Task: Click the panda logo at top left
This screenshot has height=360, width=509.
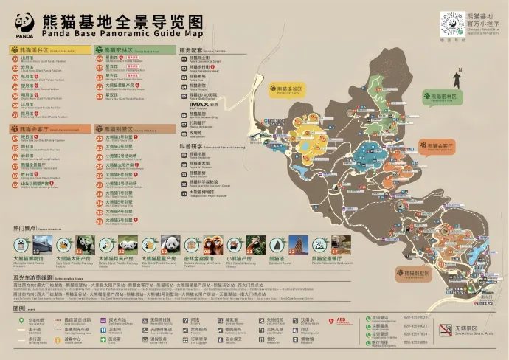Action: click(x=24, y=25)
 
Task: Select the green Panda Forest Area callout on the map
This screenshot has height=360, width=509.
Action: click(x=440, y=97)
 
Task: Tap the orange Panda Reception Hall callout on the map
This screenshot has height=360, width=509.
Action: click(x=436, y=146)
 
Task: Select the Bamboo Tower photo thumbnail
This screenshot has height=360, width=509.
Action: click(x=298, y=244)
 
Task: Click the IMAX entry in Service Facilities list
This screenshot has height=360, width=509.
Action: click(x=204, y=105)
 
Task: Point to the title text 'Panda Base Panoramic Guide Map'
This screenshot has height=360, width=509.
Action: click(x=122, y=33)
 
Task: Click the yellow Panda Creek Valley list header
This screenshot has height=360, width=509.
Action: click(x=50, y=50)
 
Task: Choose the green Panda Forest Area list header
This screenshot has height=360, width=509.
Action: click(x=135, y=50)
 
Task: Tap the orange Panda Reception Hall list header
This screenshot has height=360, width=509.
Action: click(x=50, y=128)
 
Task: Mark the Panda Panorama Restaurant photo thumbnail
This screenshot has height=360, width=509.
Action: click(x=340, y=244)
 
